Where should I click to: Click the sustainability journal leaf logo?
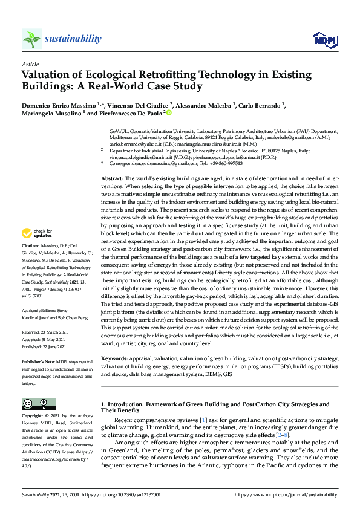point(31,39)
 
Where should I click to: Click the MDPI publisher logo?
point(323,40)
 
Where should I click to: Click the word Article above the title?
point(30,64)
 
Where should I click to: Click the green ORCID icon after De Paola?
point(169,112)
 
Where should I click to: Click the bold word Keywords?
point(113,358)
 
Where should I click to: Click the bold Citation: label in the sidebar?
point(30,263)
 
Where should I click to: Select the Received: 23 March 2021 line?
point(45,332)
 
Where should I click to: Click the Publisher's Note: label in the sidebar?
point(38,361)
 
